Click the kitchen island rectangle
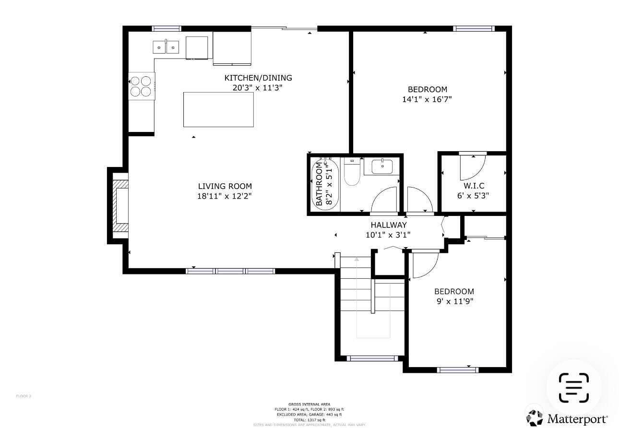point(218,109)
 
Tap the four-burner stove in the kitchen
point(141,86)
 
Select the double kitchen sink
point(166,47)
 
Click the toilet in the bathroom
point(352,173)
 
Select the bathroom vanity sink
point(382,166)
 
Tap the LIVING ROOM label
point(225,186)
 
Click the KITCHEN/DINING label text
point(258,78)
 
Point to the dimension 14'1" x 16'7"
point(427,99)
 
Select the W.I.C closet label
point(474,186)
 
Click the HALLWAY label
point(388,225)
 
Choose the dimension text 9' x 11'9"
point(454,301)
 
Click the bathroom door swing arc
point(384,199)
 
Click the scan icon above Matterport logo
point(573,388)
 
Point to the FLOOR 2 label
point(24,396)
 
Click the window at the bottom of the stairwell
point(372,358)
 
